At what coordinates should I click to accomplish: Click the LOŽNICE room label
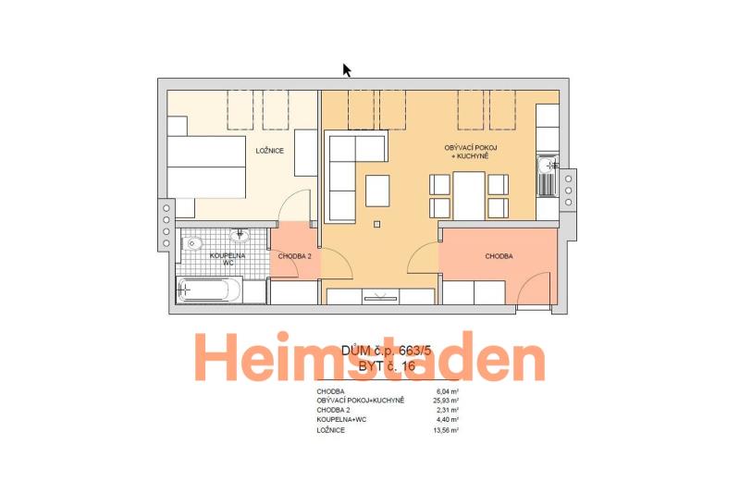point(270,151)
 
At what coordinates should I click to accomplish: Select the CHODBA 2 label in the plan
point(294,256)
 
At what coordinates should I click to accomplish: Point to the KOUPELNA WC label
point(228,259)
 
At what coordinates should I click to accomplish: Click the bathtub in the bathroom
point(209,290)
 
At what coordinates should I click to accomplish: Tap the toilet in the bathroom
point(192,244)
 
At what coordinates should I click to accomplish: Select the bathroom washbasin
point(240,236)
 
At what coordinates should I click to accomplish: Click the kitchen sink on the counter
point(548,176)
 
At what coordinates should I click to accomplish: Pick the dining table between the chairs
point(469,196)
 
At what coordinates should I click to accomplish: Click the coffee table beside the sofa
point(377,191)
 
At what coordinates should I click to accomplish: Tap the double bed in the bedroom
point(206,167)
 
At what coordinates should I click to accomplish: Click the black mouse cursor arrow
point(347,69)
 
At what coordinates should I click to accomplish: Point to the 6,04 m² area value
point(448,391)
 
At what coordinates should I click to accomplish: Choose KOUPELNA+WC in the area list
point(341,419)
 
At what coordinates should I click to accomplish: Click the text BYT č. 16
point(387,366)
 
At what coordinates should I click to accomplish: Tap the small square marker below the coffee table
point(376,225)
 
